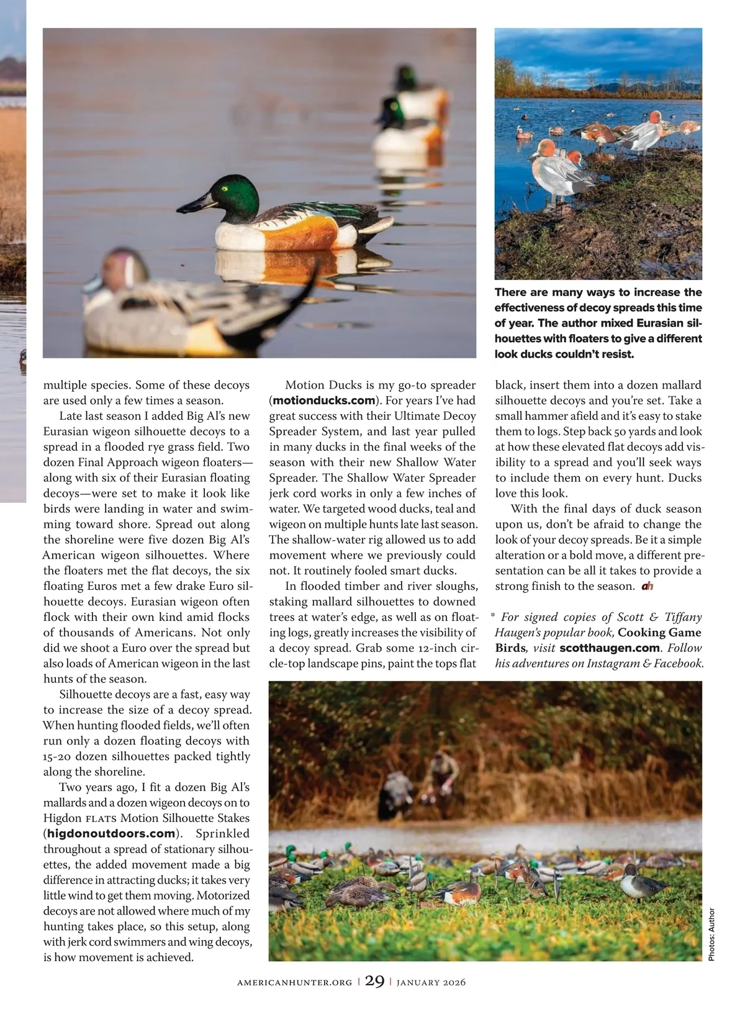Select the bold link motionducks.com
click(324, 400)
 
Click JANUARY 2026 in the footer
click(431, 982)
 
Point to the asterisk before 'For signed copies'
click(493, 617)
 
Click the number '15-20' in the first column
click(60, 757)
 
